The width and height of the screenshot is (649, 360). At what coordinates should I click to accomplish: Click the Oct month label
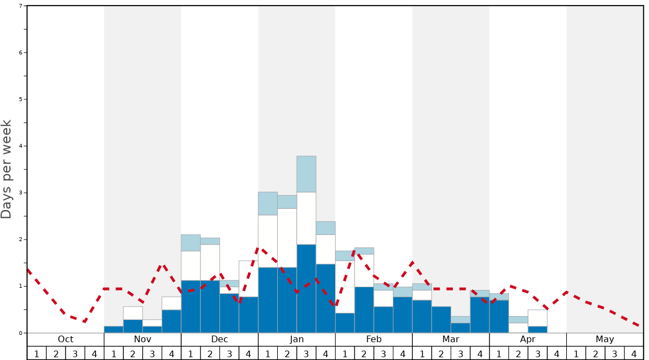coord(66,339)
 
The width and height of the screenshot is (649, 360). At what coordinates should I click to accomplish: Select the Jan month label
coord(297,339)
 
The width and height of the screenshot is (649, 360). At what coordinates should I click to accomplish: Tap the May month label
coord(605,339)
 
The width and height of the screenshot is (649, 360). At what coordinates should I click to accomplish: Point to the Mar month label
coord(451,339)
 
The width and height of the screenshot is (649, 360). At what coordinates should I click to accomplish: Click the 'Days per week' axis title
coord(7,169)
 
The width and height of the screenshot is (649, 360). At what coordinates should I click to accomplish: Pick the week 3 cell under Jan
coord(306,353)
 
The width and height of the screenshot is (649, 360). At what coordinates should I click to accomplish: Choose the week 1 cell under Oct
coord(37,353)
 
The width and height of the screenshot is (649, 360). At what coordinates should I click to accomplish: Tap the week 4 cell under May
coord(633,353)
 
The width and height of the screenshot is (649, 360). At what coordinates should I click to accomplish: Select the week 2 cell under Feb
coord(364,353)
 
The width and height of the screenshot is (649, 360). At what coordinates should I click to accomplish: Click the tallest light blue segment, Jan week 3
coord(306,174)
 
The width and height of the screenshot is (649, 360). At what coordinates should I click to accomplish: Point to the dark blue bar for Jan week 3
coord(306,289)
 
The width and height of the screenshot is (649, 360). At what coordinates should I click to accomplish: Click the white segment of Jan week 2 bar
coord(287,238)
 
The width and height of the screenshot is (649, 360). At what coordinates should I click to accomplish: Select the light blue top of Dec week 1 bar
coord(191,243)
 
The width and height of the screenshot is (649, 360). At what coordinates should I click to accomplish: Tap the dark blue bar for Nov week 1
coord(113,329)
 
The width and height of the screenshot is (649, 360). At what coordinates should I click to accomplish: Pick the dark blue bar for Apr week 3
coord(537,329)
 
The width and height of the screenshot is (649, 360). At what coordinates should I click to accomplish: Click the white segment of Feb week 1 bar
coord(345,287)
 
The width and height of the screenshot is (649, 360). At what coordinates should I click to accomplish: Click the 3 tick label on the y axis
coord(21,193)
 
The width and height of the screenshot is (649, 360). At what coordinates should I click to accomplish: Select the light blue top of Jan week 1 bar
coord(268,203)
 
